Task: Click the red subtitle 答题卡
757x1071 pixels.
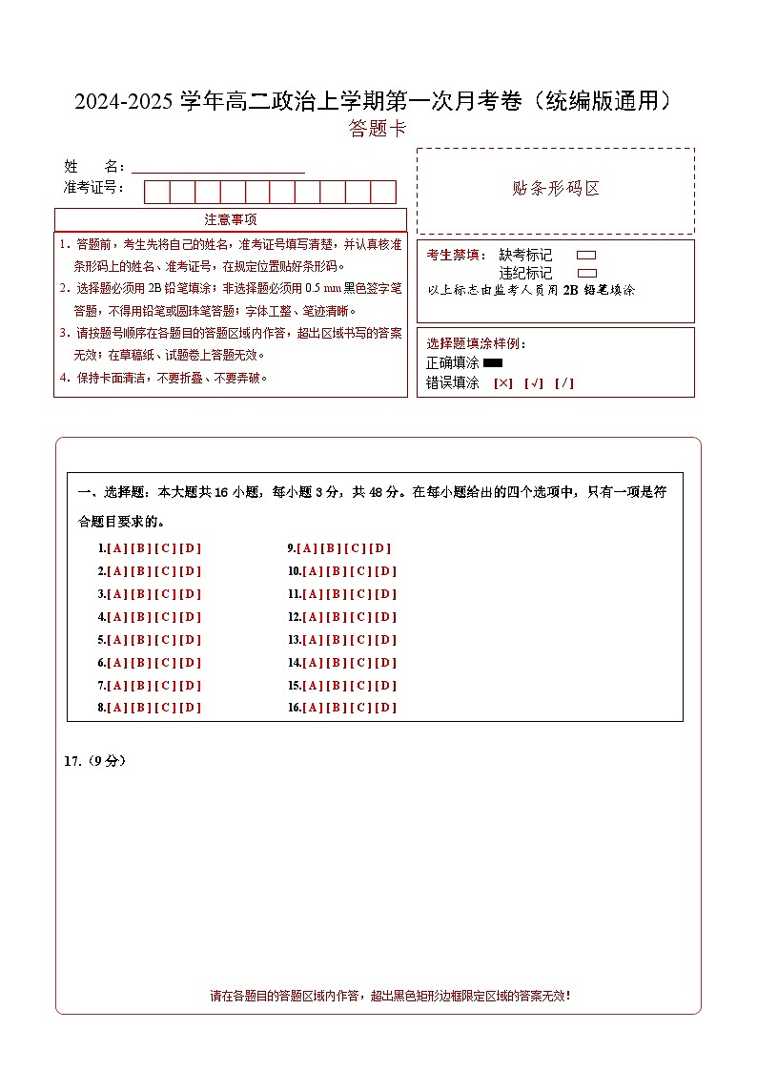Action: pos(378,130)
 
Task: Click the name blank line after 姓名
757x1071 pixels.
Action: pos(218,168)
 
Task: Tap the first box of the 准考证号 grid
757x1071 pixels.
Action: pos(156,192)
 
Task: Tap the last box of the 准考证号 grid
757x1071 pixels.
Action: pos(383,192)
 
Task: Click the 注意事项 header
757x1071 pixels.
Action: pos(230,219)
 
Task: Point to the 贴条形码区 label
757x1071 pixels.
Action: pos(556,189)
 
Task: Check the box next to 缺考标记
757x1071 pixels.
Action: pos(586,256)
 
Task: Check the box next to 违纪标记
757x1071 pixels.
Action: pos(586,273)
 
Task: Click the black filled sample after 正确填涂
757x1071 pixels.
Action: pos(493,363)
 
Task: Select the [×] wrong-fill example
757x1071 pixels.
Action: pos(502,383)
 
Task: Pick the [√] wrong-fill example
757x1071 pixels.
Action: pos(533,383)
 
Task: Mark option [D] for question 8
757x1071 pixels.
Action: pos(191,708)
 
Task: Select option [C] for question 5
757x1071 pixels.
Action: pos(166,640)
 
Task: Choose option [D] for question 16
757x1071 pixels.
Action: pos(386,708)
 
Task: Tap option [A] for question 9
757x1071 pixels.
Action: pos(307,548)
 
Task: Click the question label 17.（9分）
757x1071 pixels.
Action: pos(94,761)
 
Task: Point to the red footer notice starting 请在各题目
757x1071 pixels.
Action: pos(390,996)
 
